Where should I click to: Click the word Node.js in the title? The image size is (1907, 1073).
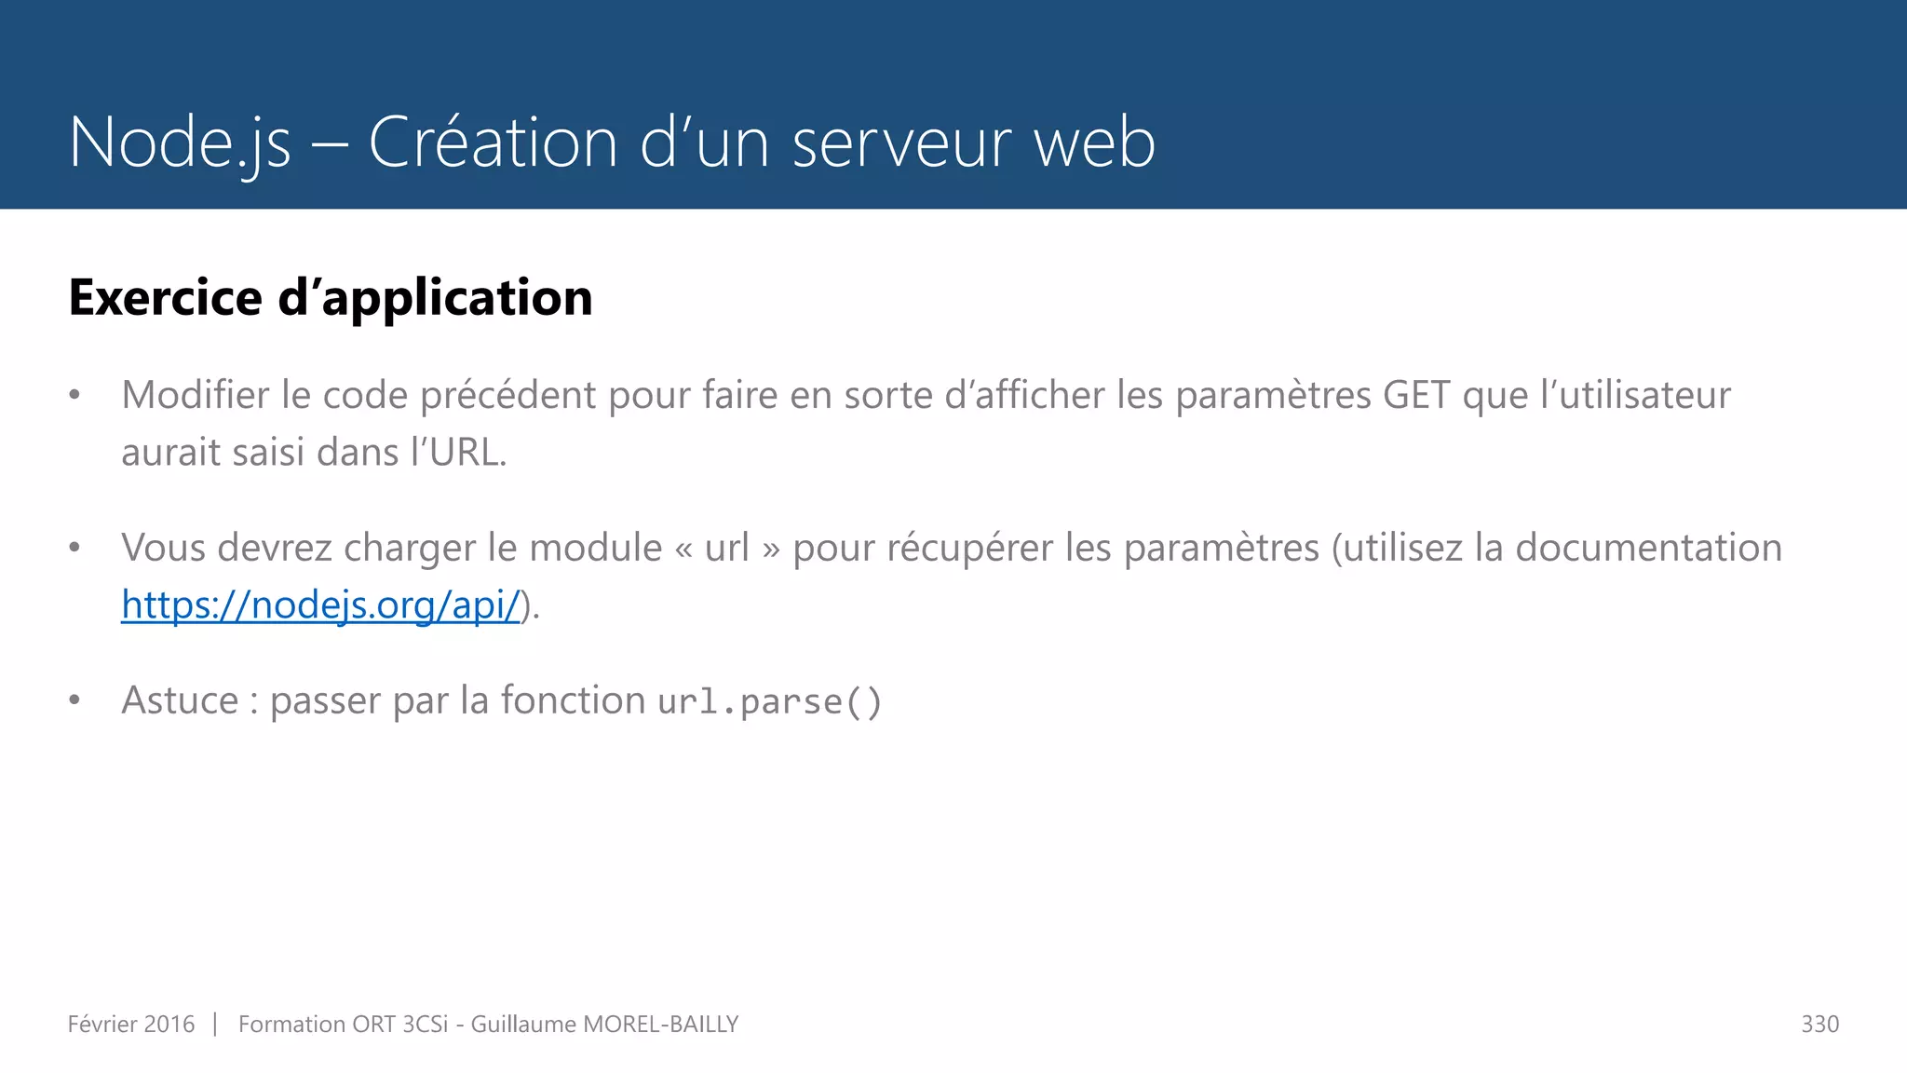(180, 143)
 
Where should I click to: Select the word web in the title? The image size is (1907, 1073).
(1095, 143)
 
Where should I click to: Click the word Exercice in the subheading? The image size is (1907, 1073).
(166, 298)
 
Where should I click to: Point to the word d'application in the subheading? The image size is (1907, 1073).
(435, 298)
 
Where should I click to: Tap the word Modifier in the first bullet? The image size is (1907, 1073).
(194, 395)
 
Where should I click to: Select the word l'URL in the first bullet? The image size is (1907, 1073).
(458, 453)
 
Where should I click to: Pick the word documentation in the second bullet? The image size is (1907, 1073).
(1648, 548)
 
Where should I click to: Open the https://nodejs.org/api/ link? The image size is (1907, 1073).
(320, 605)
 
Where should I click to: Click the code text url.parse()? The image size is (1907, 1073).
(769, 701)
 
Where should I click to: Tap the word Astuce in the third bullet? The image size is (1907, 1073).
(180, 700)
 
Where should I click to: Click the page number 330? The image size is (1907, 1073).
(1819, 1025)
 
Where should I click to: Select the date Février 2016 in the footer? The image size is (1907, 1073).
(131, 1025)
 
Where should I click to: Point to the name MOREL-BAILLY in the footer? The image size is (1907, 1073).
(660, 1025)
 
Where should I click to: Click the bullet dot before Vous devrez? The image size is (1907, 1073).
(74, 548)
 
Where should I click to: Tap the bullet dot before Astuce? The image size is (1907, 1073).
(74, 700)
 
